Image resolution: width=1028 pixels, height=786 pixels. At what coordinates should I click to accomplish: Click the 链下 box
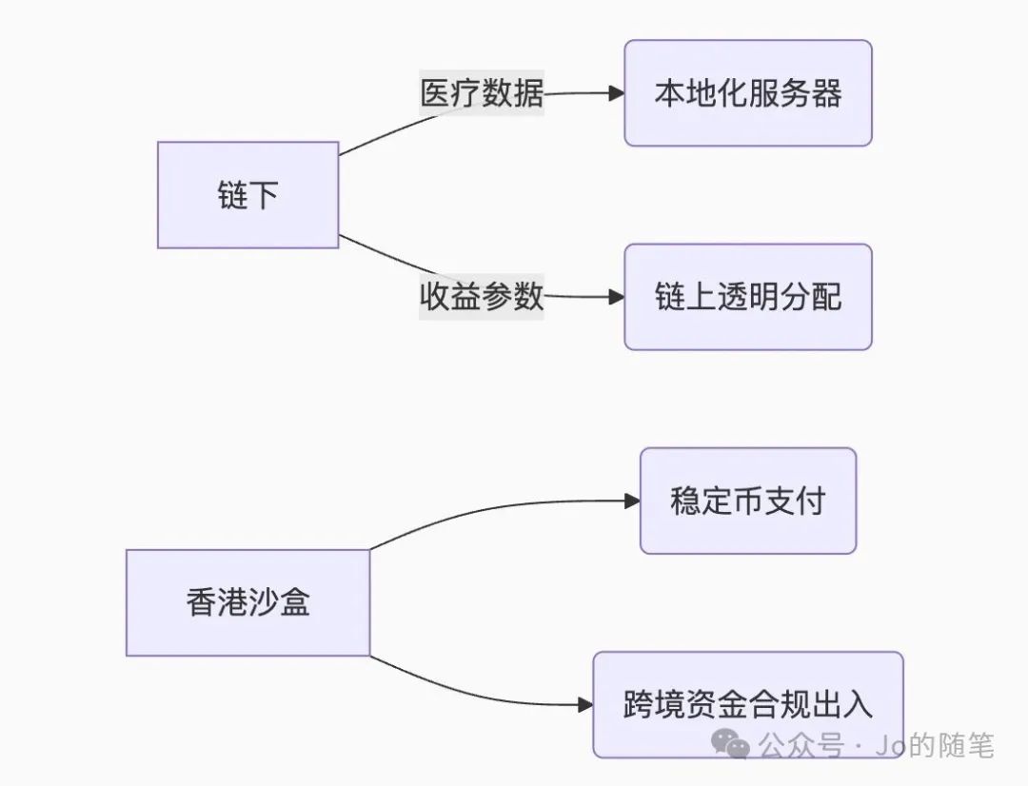click(247, 195)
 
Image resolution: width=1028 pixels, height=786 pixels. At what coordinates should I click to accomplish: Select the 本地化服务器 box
click(748, 93)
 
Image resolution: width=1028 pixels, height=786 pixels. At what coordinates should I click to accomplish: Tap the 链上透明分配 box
click(748, 297)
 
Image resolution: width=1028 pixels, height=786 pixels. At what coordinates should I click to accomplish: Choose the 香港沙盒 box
click(247, 602)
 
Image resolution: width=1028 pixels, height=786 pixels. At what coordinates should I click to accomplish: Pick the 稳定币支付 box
click(748, 501)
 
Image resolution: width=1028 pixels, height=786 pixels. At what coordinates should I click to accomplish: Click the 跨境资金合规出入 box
click(748, 704)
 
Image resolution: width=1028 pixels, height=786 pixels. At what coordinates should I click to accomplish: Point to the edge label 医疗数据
click(483, 93)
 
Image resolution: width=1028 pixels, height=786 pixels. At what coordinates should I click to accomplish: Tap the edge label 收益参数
click(483, 296)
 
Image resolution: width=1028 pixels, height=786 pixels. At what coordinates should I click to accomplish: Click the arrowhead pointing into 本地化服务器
click(616, 93)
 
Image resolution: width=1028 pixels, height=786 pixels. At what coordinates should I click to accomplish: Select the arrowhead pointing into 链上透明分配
click(616, 297)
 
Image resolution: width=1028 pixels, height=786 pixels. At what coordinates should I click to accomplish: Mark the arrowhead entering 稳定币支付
click(632, 501)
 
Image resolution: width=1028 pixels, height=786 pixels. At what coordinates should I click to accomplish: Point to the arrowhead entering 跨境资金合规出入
click(585, 705)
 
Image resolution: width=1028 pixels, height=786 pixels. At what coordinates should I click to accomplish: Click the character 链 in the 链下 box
click(232, 195)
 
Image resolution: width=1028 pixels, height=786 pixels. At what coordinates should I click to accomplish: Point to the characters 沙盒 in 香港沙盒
click(279, 602)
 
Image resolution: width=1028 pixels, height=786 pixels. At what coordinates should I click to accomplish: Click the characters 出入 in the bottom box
click(841, 704)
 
